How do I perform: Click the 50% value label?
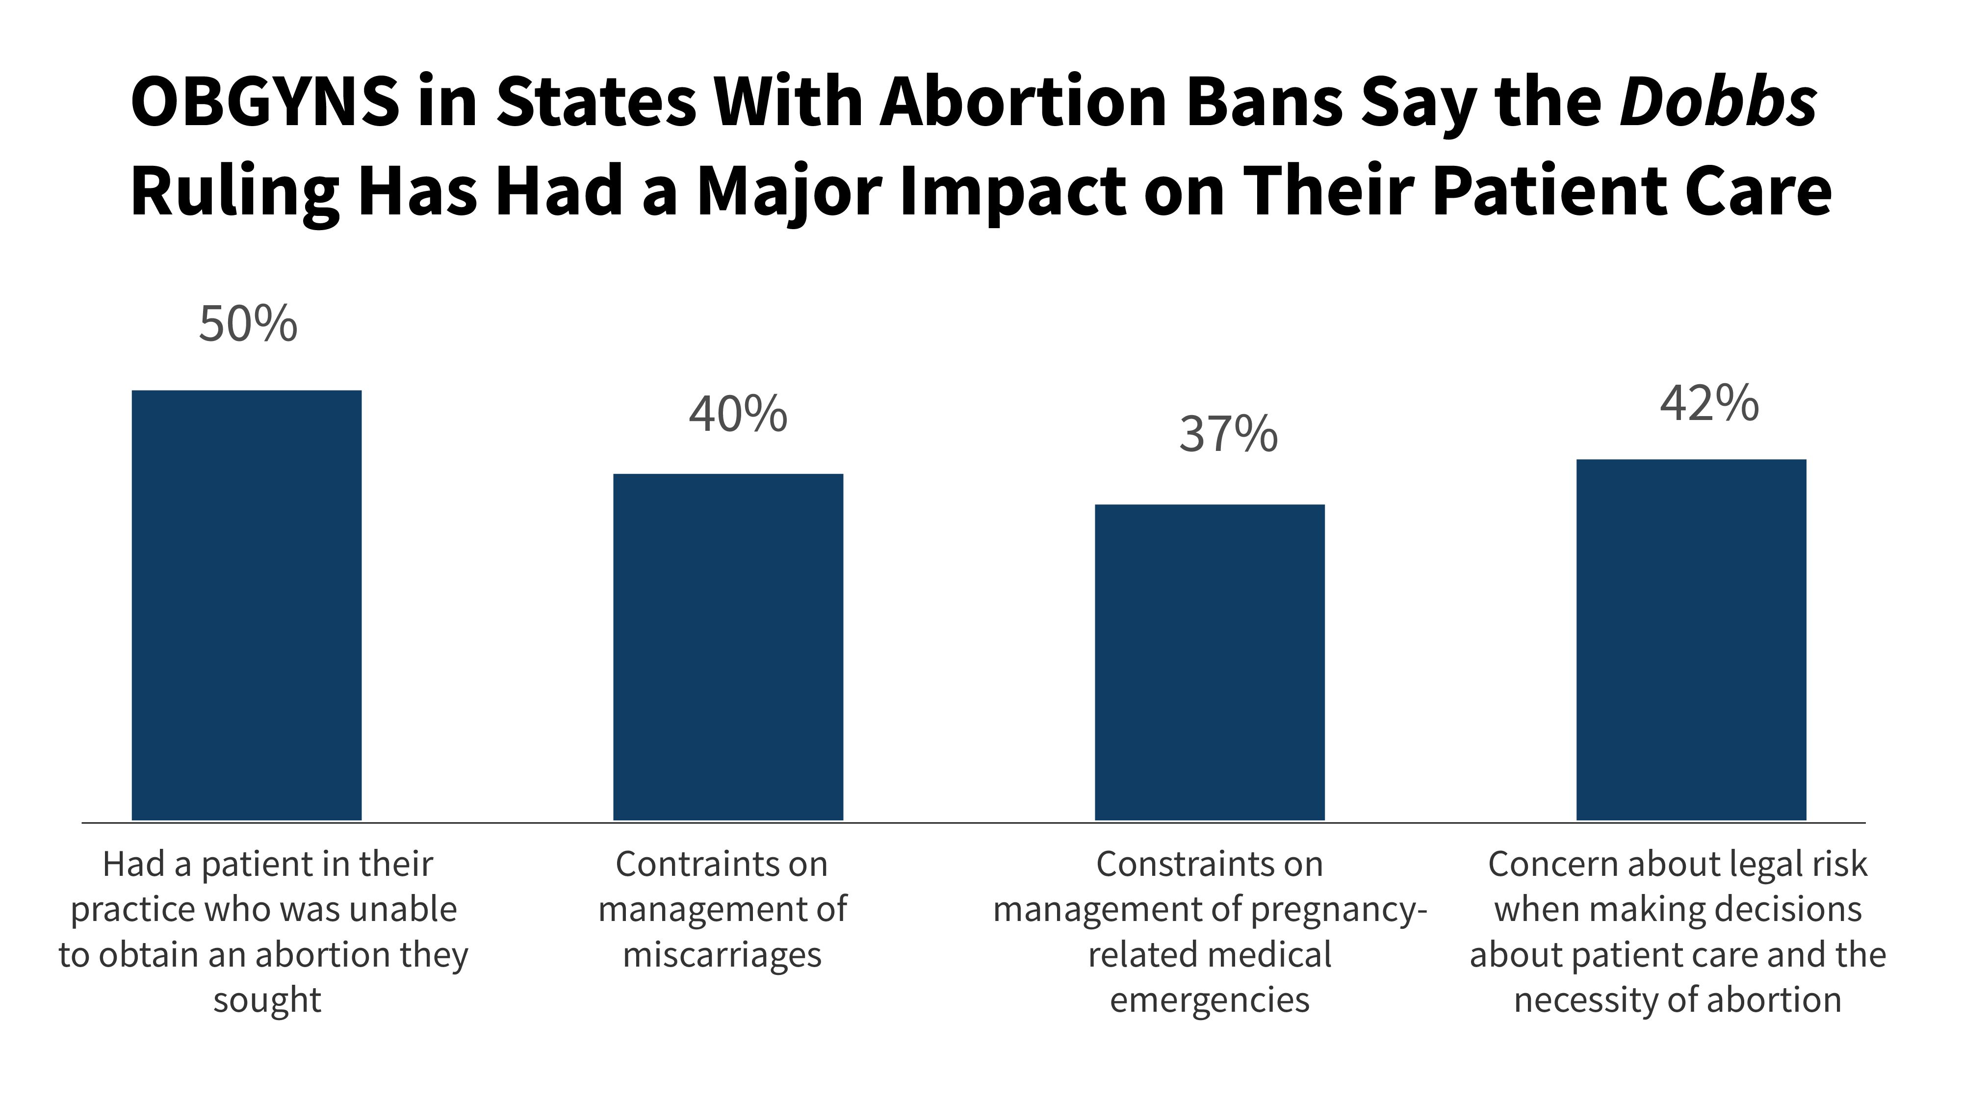pyautogui.click(x=248, y=324)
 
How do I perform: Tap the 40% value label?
pyautogui.click(x=737, y=415)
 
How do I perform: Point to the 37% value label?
pyautogui.click(x=1228, y=435)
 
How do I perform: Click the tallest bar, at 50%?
pyautogui.click(x=247, y=605)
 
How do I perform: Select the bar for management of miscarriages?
pyautogui.click(x=728, y=648)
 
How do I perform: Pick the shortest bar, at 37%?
pyautogui.click(x=1210, y=663)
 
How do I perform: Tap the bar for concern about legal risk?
pyautogui.click(x=1691, y=640)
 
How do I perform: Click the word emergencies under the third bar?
pyautogui.click(x=1210, y=999)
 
